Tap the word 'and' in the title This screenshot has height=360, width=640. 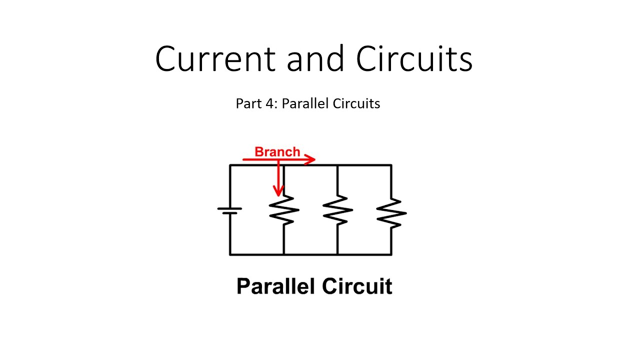click(x=315, y=59)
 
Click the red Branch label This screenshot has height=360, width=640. click(x=277, y=152)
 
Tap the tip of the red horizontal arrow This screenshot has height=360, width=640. click(x=314, y=159)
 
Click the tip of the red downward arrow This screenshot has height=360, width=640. click(x=278, y=195)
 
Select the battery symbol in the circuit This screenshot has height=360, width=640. click(x=230, y=210)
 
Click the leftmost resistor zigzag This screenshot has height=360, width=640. click(x=283, y=210)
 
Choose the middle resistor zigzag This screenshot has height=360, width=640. click(x=337, y=210)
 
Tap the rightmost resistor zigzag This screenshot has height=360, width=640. click(x=391, y=212)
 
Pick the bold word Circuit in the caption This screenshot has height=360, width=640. click(x=357, y=286)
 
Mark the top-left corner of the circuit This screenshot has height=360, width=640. click(x=230, y=165)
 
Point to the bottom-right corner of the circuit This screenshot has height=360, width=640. click(x=391, y=254)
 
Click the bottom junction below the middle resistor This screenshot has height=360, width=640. click(x=337, y=254)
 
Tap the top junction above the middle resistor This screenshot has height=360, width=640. click(x=337, y=165)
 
